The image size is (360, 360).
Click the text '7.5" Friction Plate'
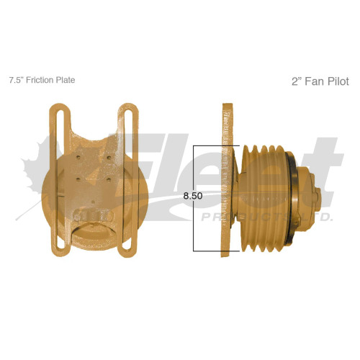pyautogui.click(x=41, y=80)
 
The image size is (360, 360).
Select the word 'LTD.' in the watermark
pyautogui.click(x=317, y=216)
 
